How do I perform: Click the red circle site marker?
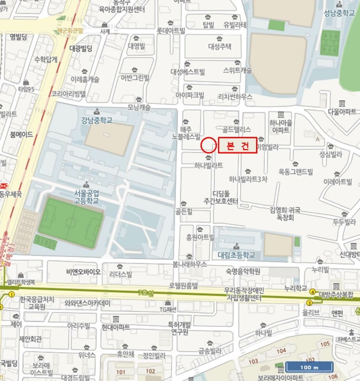(x=208, y=145)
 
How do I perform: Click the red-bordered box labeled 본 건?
(x=237, y=146)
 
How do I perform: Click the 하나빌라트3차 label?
(x=248, y=179)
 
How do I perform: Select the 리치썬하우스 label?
(x=235, y=96)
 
